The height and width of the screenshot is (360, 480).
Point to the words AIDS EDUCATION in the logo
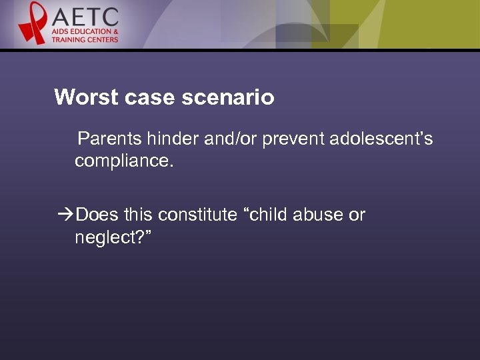pos(85,32)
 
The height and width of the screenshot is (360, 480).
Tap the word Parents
pos(110,139)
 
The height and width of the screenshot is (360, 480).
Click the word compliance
pos(123,161)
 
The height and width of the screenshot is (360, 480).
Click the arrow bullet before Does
pos(66,215)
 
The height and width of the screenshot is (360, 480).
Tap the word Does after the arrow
pos(97,215)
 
